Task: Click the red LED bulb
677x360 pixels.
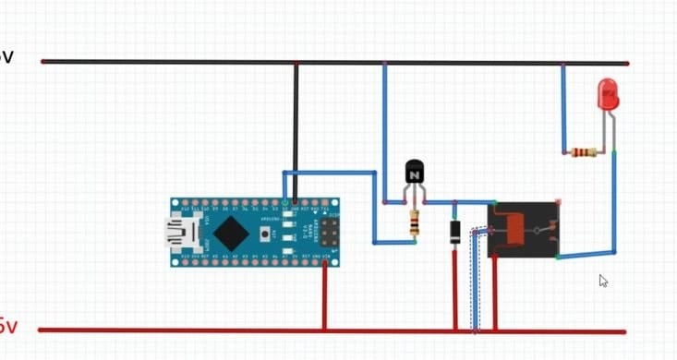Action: (x=608, y=92)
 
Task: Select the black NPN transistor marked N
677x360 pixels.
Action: (x=415, y=173)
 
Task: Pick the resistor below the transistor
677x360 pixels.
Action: (x=414, y=222)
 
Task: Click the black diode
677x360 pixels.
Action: (x=454, y=233)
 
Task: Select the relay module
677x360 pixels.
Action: (x=524, y=229)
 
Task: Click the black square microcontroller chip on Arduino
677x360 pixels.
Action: (x=231, y=233)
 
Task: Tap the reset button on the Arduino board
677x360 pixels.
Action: (x=266, y=234)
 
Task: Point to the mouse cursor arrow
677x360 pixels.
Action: (x=602, y=280)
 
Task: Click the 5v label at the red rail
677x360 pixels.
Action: (x=7, y=327)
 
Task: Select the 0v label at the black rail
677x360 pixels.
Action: (x=6, y=57)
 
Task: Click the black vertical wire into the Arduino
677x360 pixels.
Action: (x=296, y=129)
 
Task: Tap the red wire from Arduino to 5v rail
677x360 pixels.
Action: (x=324, y=295)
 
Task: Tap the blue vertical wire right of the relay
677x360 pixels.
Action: (x=613, y=203)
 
